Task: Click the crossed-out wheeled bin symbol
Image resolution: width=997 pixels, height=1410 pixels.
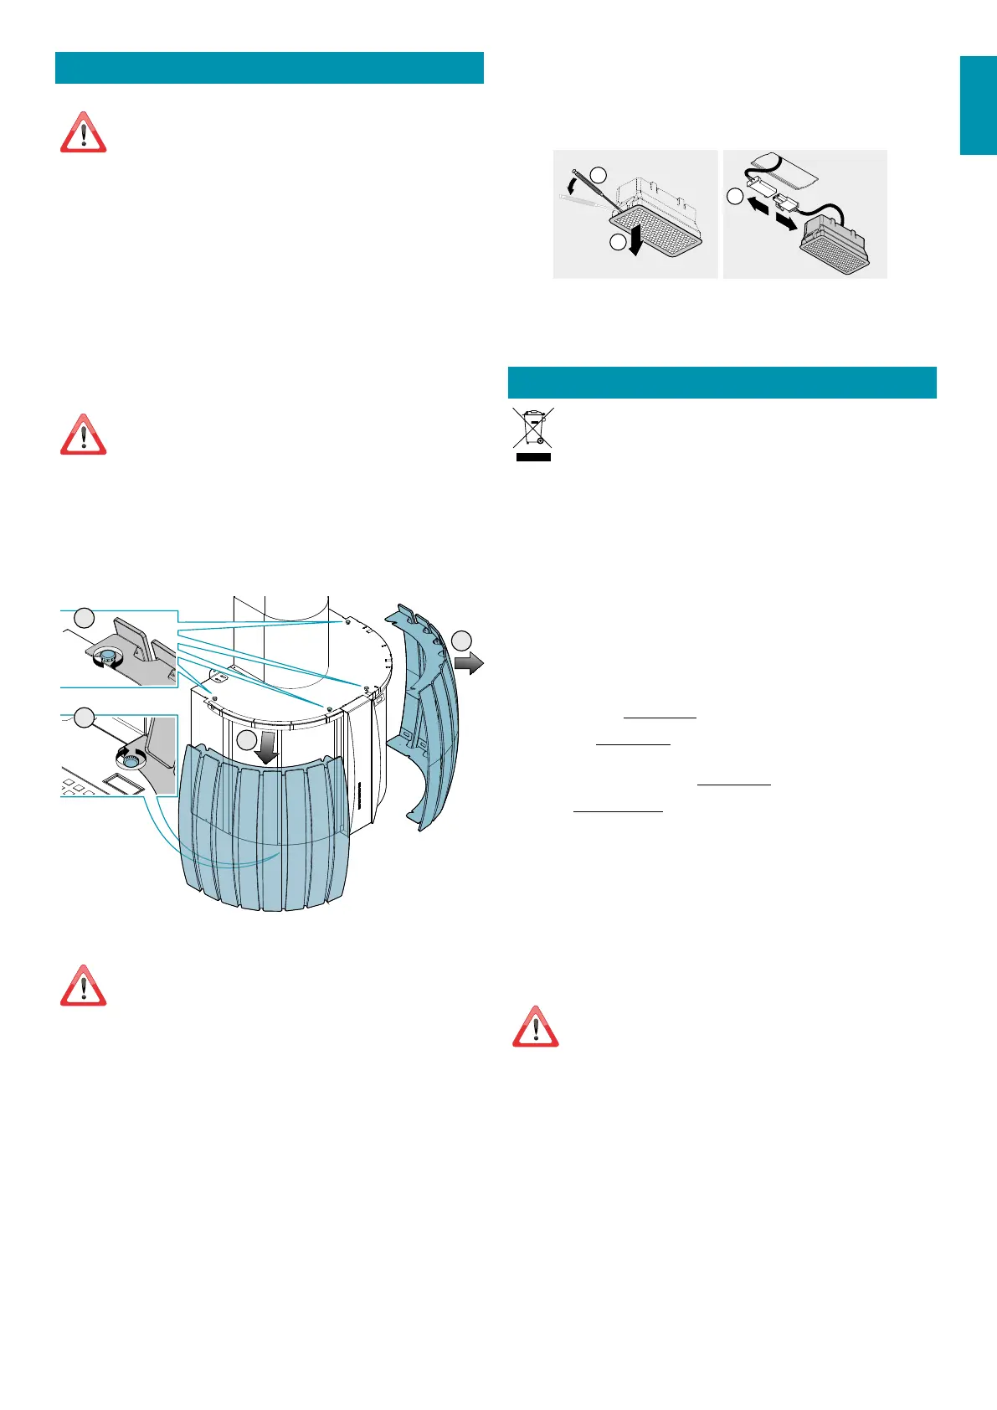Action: coord(533,428)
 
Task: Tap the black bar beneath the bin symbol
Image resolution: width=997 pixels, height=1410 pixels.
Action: coord(533,457)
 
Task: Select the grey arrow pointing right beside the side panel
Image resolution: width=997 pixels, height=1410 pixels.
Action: coord(470,663)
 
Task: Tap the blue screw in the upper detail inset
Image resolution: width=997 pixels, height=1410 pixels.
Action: coord(109,655)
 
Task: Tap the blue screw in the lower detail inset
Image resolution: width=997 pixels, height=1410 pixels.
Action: coord(129,757)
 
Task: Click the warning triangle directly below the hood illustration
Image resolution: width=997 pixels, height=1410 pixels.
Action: coord(83,985)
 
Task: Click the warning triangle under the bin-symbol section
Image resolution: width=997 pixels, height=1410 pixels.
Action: coord(535,1027)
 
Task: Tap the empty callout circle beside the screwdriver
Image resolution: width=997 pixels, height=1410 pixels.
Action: coord(598,174)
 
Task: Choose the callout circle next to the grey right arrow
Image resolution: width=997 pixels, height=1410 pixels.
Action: coord(462,641)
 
